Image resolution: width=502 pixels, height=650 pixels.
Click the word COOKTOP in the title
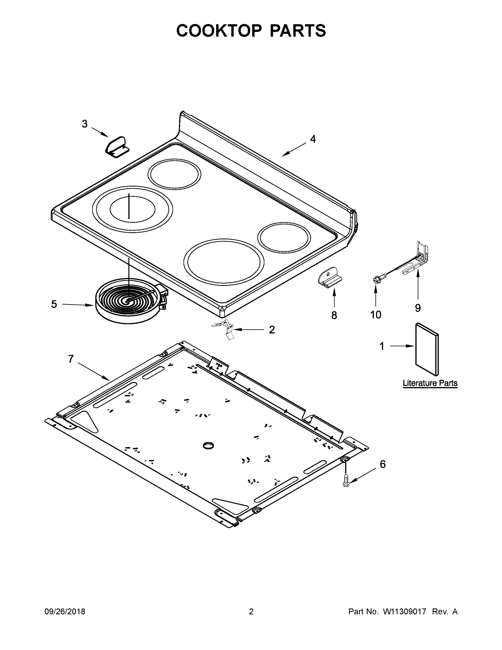(x=219, y=31)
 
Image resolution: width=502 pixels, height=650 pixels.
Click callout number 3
(x=85, y=124)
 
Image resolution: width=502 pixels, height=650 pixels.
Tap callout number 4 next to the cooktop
(x=313, y=139)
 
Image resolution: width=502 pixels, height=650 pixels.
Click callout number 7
(x=71, y=359)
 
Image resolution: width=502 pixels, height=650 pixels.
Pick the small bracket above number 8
(x=330, y=278)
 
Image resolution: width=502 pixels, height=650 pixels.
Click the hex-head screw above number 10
(x=376, y=279)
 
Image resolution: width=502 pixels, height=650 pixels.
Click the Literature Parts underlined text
(x=430, y=383)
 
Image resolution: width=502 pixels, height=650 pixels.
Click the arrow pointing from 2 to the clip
(x=249, y=329)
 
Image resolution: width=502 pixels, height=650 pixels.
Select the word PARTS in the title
(x=298, y=31)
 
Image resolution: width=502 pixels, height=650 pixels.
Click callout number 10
(x=376, y=315)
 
